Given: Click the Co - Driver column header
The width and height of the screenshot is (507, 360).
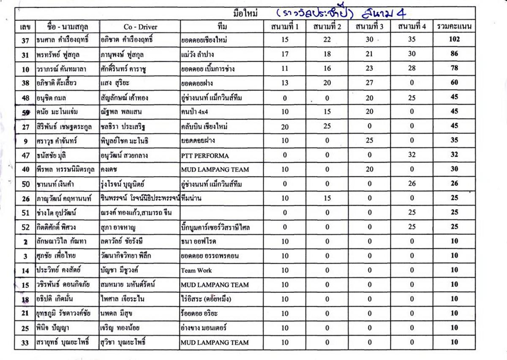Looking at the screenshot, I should (140, 27).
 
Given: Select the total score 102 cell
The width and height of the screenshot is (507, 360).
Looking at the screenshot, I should (454, 40).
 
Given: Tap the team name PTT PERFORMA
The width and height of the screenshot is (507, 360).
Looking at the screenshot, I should (205, 155).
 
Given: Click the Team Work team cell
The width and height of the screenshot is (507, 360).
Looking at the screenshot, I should (196, 270).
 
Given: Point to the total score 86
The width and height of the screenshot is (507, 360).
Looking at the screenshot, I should (454, 54).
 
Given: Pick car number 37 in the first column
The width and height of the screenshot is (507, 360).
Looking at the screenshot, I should (25, 40).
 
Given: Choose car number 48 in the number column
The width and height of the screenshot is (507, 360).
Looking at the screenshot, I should (25, 98).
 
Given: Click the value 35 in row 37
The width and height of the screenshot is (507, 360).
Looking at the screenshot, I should (412, 40).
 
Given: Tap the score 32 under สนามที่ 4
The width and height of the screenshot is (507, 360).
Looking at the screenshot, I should (412, 155).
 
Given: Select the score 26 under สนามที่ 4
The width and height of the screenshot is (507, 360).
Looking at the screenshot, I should (412, 184).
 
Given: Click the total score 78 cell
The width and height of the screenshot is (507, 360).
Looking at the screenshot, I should (454, 68).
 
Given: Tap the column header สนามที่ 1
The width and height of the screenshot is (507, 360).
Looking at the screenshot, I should (285, 27).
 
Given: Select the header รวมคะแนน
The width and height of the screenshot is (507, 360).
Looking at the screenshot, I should (454, 27).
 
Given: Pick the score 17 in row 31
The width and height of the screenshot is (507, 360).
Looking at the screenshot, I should (285, 54).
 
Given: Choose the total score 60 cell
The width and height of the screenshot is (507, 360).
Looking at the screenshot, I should (454, 83).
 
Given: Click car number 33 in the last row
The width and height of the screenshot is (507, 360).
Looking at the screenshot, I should (25, 342).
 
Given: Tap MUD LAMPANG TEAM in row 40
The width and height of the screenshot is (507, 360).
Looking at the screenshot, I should (215, 169).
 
